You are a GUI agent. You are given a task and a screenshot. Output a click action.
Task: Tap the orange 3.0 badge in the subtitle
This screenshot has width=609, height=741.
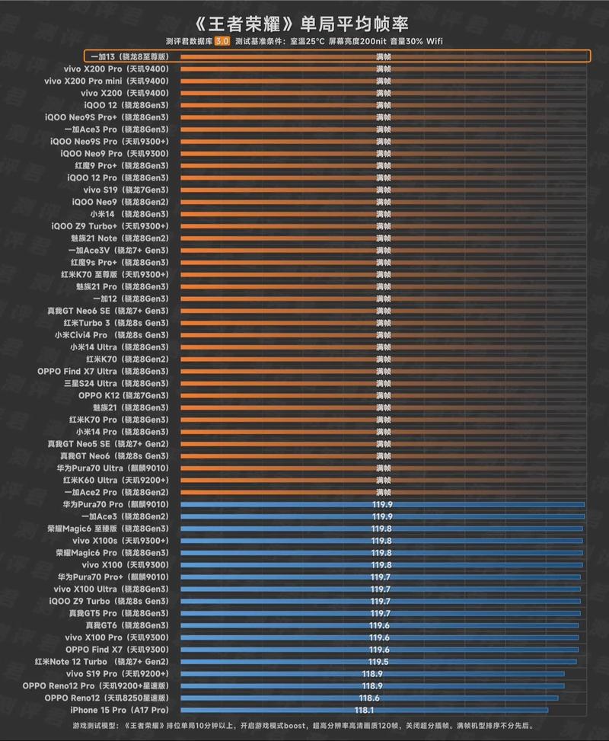click(222, 40)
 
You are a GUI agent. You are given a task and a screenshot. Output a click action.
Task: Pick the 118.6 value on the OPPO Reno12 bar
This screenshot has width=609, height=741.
click(370, 698)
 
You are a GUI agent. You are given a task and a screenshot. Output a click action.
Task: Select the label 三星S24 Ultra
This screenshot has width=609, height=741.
click(117, 383)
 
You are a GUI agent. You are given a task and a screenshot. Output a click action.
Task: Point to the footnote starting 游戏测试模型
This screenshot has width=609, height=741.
click(304, 727)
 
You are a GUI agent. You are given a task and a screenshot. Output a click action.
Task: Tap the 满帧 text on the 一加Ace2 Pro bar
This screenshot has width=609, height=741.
click(384, 493)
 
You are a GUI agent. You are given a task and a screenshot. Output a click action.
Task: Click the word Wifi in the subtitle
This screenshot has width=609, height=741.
click(434, 40)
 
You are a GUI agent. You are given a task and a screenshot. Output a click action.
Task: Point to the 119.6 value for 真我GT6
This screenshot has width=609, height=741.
click(380, 625)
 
